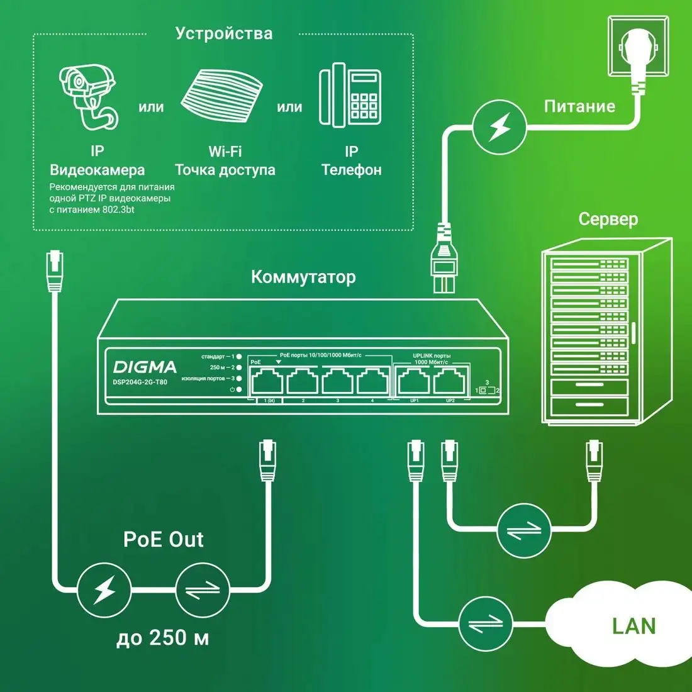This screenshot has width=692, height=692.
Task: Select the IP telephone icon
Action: (x=350, y=95)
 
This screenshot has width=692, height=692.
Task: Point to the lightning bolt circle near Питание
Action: (x=499, y=128)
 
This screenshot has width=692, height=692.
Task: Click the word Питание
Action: (x=579, y=106)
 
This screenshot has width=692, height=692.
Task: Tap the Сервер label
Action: (x=608, y=219)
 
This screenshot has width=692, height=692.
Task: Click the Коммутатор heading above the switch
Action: (x=303, y=277)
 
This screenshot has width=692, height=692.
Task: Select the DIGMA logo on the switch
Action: (x=145, y=367)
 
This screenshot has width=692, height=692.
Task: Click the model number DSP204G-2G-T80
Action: (x=140, y=382)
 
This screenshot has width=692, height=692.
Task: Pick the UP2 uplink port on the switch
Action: (x=449, y=381)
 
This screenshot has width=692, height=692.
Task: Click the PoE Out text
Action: (x=164, y=539)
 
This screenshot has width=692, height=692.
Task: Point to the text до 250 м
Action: (x=163, y=638)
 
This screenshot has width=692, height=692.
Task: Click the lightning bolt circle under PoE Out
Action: (x=104, y=589)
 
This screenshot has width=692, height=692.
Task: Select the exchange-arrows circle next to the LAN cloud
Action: (x=486, y=623)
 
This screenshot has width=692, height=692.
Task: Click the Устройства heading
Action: (x=224, y=33)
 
